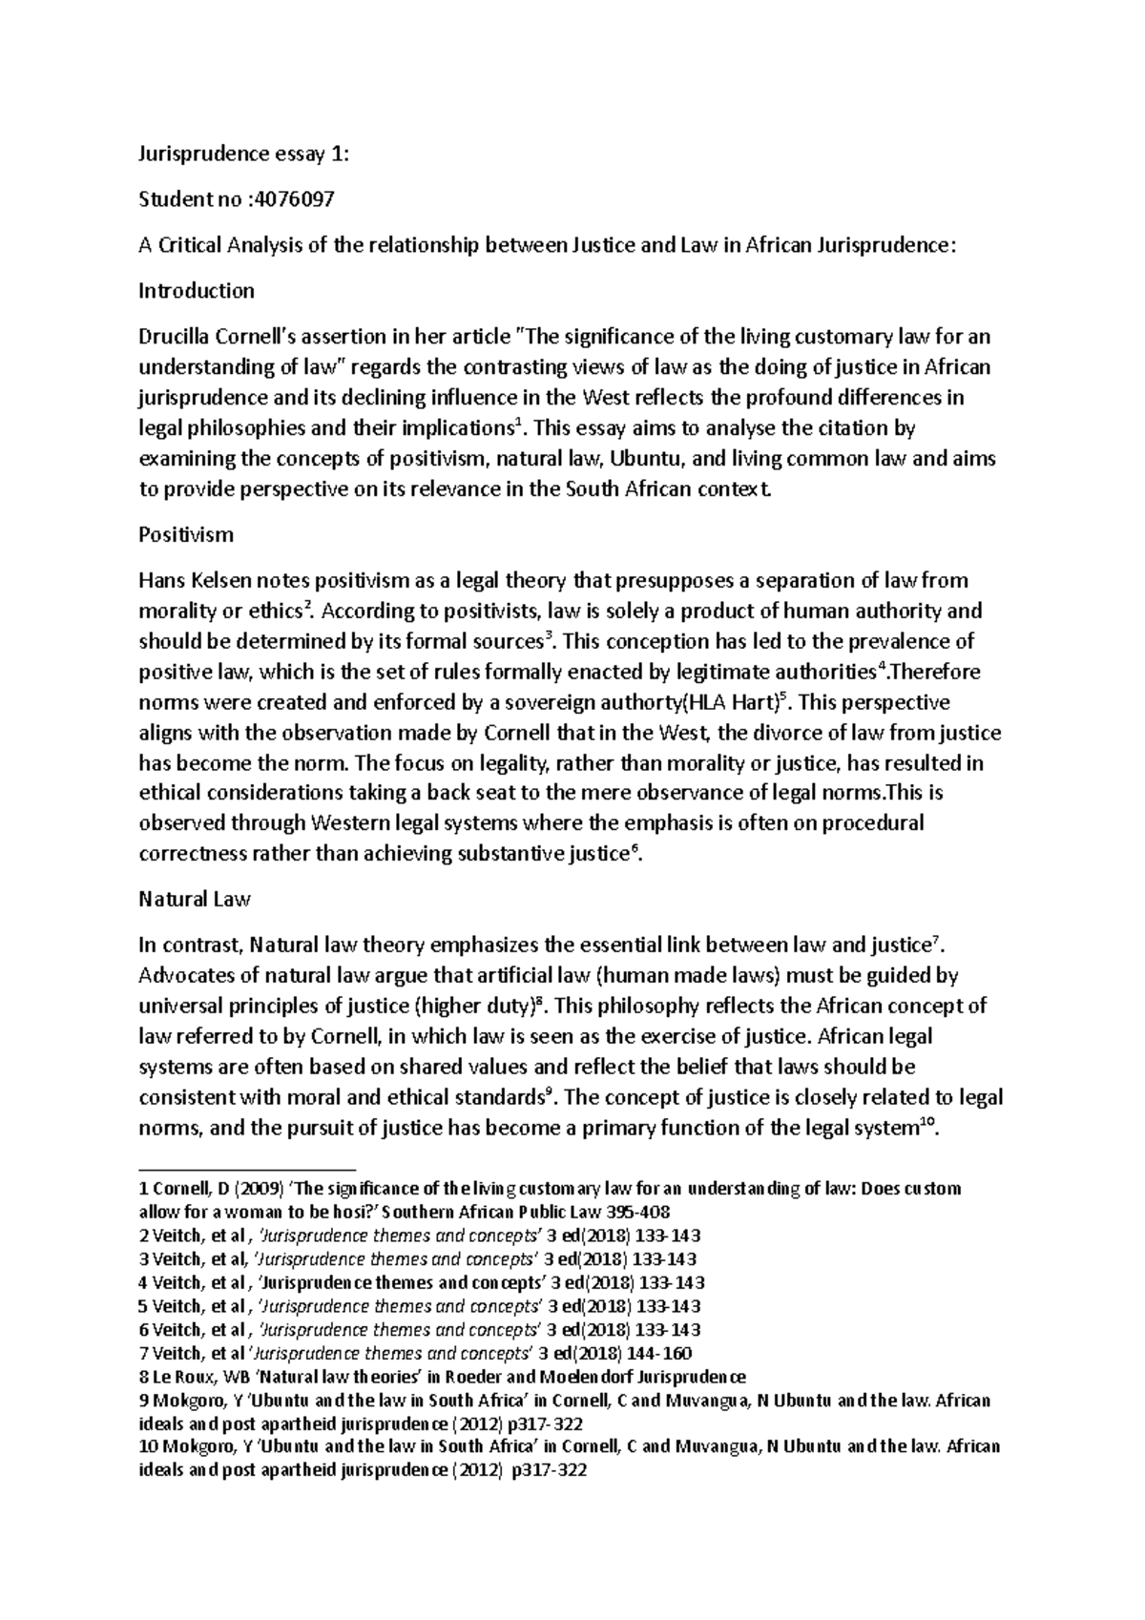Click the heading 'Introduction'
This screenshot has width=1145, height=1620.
click(197, 290)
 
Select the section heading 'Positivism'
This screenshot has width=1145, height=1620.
click(186, 534)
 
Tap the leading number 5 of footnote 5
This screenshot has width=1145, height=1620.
click(143, 1306)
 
